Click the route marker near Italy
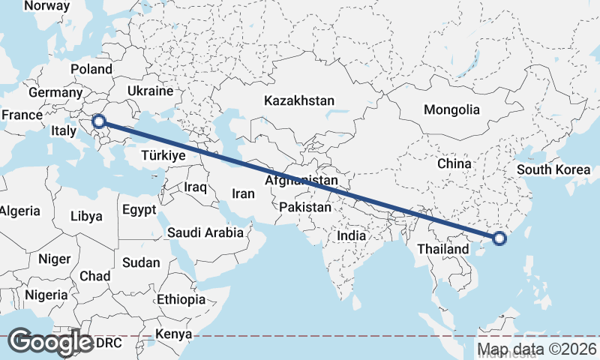[98, 120]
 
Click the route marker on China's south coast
[500, 239]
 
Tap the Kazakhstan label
[298, 100]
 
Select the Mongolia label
[451, 109]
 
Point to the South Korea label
[553, 169]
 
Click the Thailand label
[443, 248]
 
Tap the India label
[351, 235]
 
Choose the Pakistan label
[304, 207]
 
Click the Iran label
[244, 193]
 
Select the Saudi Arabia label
[205, 232]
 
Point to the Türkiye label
[163, 156]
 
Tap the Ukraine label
[150, 91]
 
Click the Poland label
[91, 70]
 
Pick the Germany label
[54, 93]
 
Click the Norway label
[46, 6]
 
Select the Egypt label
[139, 209]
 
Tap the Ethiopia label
[181, 300]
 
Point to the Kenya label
[174, 334]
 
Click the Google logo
[50, 342]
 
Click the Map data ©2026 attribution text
[538, 349]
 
